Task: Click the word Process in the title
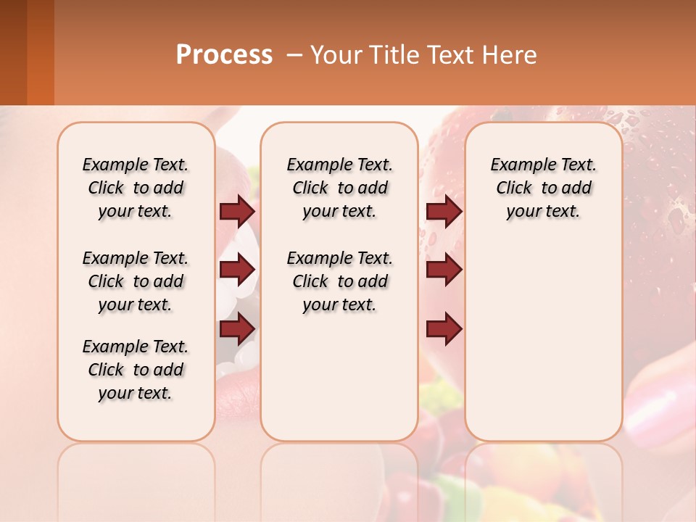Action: pyautogui.click(x=224, y=55)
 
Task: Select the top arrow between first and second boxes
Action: pyautogui.click(x=237, y=211)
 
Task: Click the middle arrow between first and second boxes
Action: pyautogui.click(x=237, y=270)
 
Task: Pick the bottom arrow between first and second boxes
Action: pyautogui.click(x=237, y=328)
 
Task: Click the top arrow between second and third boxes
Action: pyautogui.click(x=444, y=211)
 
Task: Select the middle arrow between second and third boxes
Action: pyautogui.click(x=444, y=270)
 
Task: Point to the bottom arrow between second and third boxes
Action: pyautogui.click(x=444, y=328)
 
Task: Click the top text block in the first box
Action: pyautogui.click(x=136, y=188)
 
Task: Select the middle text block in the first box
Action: pyautogui.click(x=136, y=281)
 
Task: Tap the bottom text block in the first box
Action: pyautogui.click(x=136, y=370)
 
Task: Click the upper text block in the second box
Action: pyautogui.click(x=339, y=188)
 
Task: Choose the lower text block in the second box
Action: pyautogui.click(x=339, y=281)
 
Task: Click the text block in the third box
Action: pyautogui.click(x=543, y=188)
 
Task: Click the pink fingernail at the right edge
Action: pyautogui.click(x=656, y=406)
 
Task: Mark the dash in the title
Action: pyautogui.click(x=294, y=55)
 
